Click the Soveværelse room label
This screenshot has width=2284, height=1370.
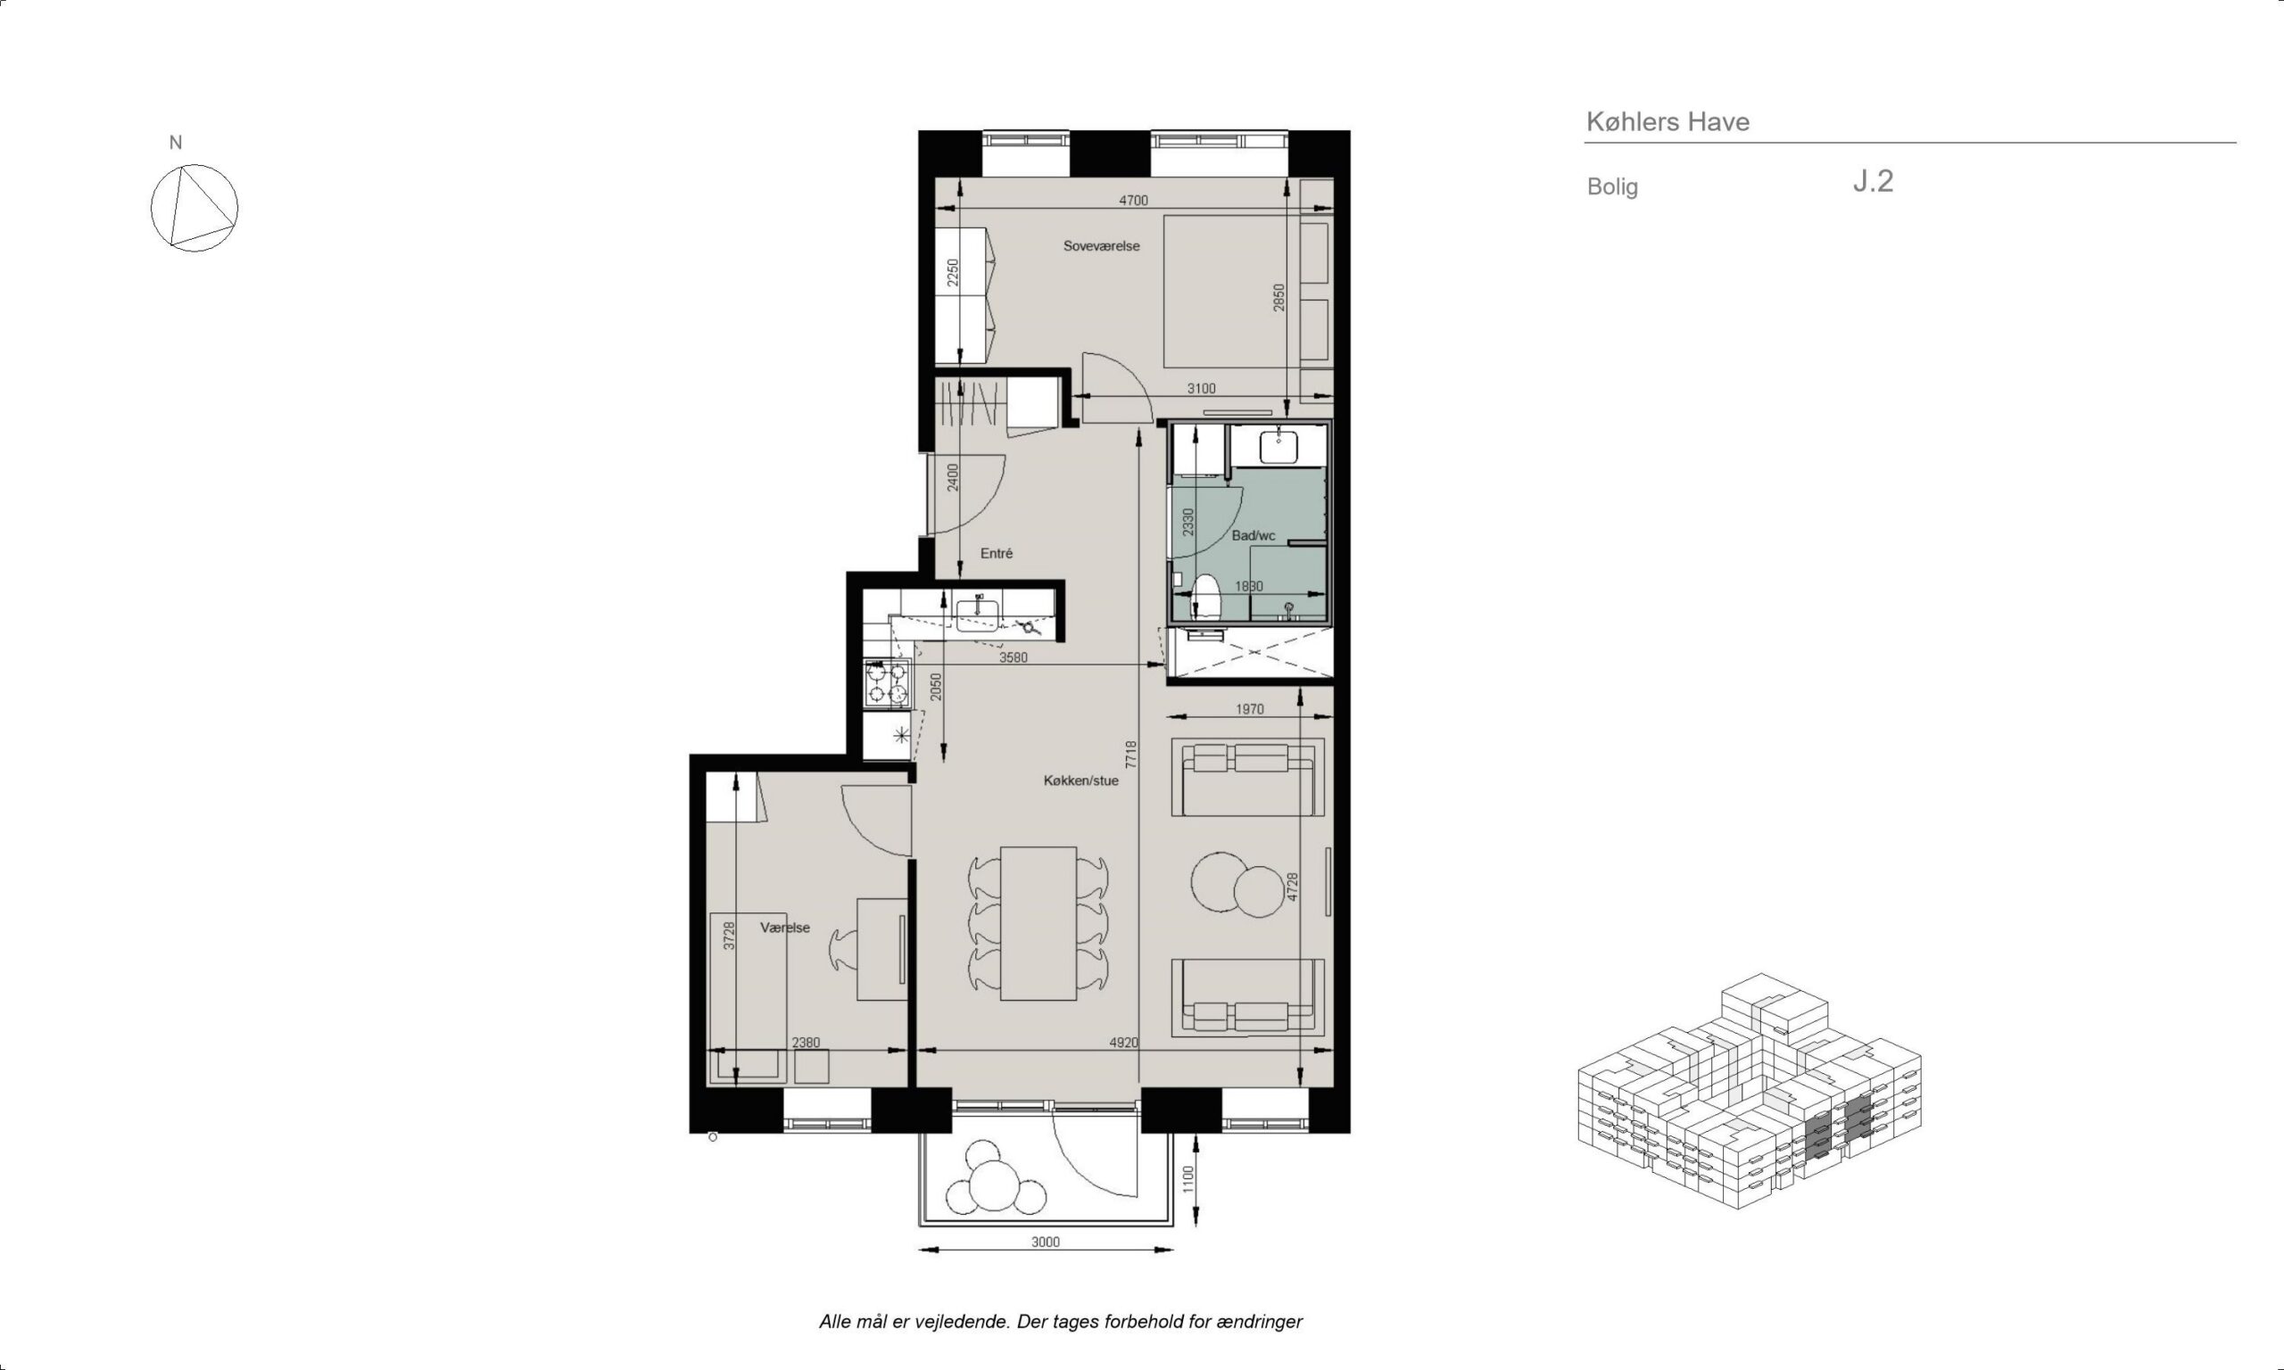pos(1101,246)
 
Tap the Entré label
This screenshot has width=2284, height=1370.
pos(997,553)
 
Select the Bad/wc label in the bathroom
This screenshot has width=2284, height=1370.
pos(1253,535)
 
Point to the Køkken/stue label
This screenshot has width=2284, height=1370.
pos(1080,780)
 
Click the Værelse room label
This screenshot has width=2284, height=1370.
pos(785,928)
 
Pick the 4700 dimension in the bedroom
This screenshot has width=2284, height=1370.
pos(1133,201)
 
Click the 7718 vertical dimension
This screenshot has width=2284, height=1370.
pos(1132,755)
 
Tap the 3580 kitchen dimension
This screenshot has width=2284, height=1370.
pos(1014,658)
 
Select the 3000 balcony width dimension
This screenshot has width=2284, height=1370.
pos(1045,1242)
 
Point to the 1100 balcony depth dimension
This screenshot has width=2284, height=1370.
pos(1188,1179)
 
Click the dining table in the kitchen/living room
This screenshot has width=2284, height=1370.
pos(1039,923)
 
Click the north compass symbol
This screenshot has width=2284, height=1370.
pos(194,208)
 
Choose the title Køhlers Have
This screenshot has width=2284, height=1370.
pos(1667,122)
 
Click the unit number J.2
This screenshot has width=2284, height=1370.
pos(1874,181)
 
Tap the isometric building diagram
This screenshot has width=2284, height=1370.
pos(1750,1092)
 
